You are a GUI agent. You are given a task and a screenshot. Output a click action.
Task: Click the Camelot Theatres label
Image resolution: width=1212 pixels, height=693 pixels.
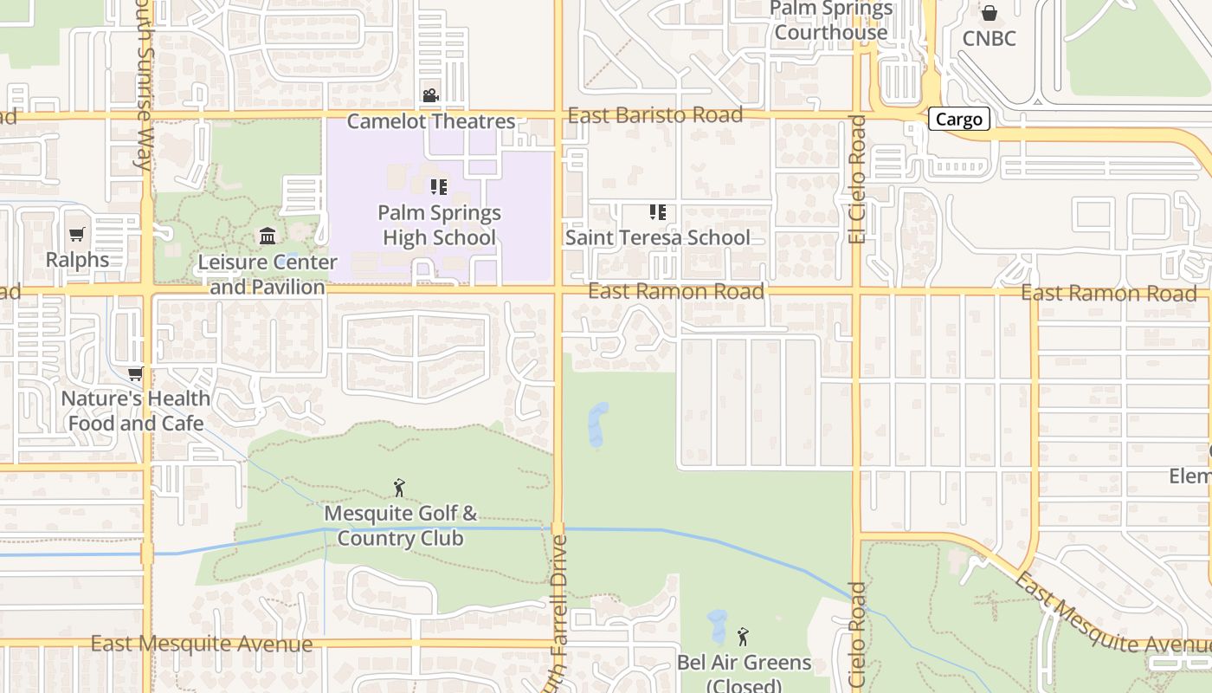tap(431, 121)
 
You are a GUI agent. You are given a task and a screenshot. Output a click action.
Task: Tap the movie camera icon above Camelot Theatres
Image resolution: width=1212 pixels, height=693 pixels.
tap(430, 95)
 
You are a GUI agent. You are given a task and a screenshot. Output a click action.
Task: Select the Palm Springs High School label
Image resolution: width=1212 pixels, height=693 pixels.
tap(439, 225)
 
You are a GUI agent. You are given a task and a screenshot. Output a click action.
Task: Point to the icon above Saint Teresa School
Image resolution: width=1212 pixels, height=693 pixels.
tap(657, 212)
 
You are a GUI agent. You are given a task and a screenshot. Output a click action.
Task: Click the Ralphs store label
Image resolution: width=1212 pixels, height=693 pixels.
tap(78, 259)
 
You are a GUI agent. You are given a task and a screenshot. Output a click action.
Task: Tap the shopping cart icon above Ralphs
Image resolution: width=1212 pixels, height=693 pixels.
tap(77, 234)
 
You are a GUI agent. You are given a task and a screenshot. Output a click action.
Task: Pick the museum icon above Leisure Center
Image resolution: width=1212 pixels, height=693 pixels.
tap(268, 236)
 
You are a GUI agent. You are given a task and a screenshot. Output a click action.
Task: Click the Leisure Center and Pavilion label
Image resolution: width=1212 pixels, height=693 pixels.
tap(268, 274)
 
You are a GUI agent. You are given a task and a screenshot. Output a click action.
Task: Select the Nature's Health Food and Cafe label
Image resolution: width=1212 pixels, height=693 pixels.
tap(136, 411)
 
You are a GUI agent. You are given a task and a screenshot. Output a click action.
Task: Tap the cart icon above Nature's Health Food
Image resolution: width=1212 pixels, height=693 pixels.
tap(135, 374)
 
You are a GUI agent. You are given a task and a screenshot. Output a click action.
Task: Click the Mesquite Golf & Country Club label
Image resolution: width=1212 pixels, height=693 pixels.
tap(401, 526)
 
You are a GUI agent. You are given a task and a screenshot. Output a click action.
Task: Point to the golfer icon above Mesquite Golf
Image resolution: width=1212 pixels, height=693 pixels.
tap(399, 488)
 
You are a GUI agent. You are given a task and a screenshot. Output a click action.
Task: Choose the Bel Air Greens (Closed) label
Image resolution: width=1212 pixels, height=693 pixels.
tap(744, 674)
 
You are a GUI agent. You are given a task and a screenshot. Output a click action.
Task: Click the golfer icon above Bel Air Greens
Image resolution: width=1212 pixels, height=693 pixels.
tap(742, 638)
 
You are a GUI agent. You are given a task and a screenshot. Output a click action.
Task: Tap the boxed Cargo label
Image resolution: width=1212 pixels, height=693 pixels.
tap(958, 120)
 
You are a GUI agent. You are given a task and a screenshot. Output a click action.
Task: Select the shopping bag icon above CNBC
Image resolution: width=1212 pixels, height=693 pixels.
tap(989, 13)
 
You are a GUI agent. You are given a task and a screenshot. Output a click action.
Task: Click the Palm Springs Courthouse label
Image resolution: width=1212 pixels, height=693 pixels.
tap(830, 21)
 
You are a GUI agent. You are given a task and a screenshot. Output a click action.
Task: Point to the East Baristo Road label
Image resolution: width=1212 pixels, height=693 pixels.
tap(655, 115)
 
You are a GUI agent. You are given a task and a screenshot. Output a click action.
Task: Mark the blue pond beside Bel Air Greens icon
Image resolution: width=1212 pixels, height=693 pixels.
tap(717, 626)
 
